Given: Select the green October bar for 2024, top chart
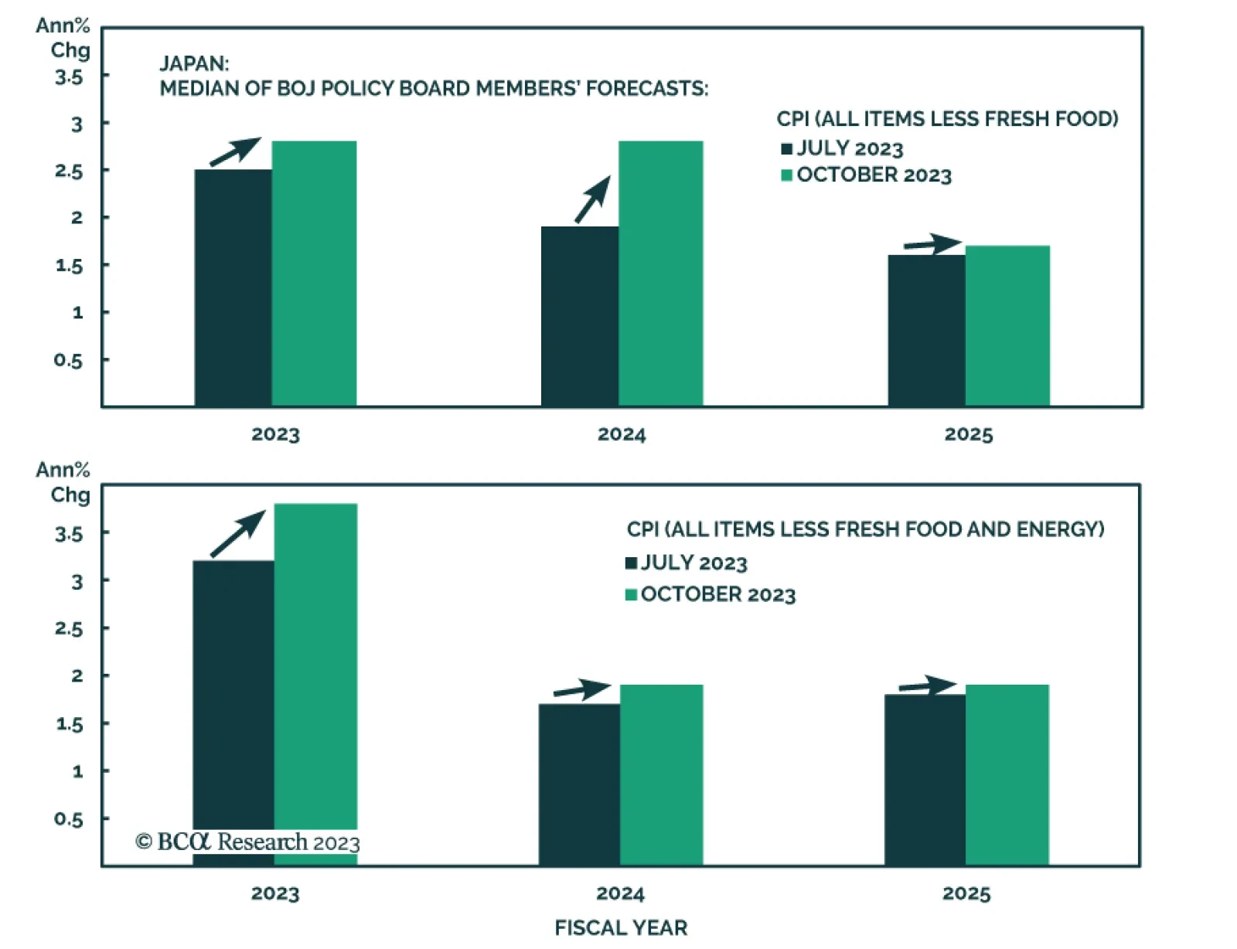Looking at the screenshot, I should (x=660, y=274).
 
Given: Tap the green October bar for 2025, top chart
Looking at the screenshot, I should (x=1007, y=325).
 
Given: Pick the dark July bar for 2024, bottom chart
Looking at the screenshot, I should (x=579, y=784).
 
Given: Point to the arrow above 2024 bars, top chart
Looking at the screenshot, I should (x=592, y=200).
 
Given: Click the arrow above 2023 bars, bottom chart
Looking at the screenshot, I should (x=238, y=533).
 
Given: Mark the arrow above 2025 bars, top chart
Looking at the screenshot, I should (x=932, y=244).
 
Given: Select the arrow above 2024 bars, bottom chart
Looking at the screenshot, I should (x=582, y=689).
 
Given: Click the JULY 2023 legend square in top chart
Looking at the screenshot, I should (x=787, y=149).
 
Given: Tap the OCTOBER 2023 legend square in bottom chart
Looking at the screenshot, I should (x=631, y=594).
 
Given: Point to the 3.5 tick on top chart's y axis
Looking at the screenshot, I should (x=69, y=77).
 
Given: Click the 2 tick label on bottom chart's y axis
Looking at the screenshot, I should (x=77, y=676).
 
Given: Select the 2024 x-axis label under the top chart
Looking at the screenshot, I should (x=622, y=434).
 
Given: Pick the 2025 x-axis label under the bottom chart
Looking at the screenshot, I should (x=966, y=894).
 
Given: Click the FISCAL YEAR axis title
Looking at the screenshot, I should (x=621, y=927).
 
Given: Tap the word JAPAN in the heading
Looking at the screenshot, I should (x=194, y=63).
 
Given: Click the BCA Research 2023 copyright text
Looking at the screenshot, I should (x=247, y=842).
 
